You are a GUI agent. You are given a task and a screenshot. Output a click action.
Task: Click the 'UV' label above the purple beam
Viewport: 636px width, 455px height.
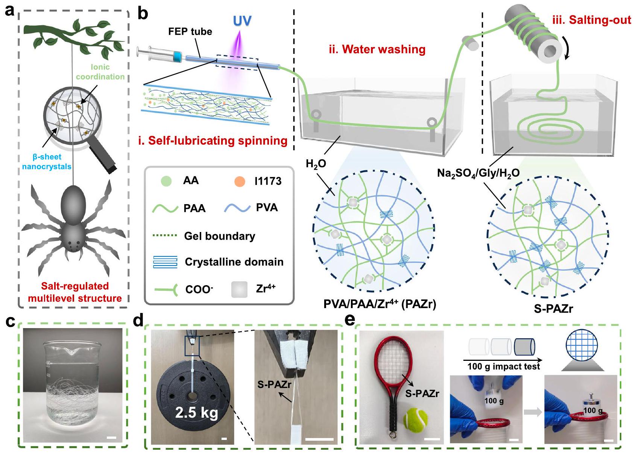tap(242, 21)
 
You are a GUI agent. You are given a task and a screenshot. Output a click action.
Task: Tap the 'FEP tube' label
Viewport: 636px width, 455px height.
tap(190, 32)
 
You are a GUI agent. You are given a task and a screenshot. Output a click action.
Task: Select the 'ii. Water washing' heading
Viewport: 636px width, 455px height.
tap(377, 49)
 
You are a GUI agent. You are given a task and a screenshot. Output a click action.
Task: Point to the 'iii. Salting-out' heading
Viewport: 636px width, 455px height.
tap(592, 20)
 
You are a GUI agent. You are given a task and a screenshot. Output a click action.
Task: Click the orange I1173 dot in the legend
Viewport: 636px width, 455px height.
tap(240, 182)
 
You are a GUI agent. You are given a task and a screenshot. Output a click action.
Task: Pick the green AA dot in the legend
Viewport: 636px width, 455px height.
tap(166, 182)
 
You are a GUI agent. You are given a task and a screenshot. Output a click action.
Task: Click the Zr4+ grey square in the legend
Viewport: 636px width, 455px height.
tap(239, 289)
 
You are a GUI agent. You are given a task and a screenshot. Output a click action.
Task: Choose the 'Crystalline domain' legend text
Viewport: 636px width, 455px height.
tap(234, 262)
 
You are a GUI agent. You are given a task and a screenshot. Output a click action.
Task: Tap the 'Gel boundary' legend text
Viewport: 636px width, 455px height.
tap(219, 236)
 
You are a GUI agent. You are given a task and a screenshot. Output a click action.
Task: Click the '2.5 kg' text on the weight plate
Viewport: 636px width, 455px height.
tap(196, 413)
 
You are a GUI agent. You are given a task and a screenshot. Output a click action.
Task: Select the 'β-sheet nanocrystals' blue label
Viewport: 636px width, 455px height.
tap(47, 162)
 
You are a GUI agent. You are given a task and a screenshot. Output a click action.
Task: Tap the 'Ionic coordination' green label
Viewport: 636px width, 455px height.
tap(100, 72)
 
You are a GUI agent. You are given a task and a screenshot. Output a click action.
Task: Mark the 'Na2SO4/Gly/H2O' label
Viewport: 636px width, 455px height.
tap(478, 173)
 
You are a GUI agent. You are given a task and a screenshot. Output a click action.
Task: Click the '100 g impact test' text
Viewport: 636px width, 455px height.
tap(504, 366)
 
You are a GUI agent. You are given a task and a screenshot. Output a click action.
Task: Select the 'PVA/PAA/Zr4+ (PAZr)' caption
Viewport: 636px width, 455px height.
tap(379, 304)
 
